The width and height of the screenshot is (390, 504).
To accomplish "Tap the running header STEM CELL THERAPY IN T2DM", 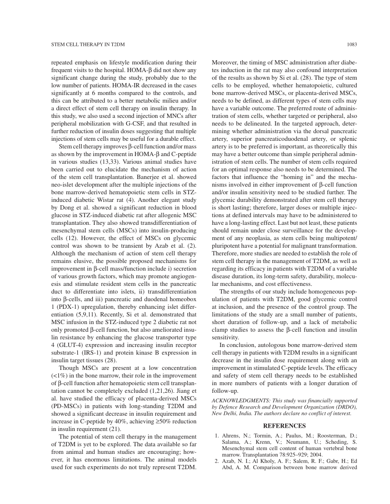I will click(x=88, y=45).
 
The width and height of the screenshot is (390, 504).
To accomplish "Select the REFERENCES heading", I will click(x=284, y=426).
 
